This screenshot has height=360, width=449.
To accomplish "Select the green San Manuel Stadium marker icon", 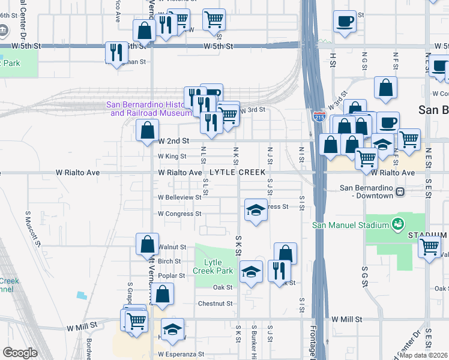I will tap(396, 225).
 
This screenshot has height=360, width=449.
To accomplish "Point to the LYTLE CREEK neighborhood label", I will tap(239, 173).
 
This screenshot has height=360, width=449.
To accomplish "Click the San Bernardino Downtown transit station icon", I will tap(399, 191).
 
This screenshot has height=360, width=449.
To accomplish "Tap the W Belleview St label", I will tap(179, 197).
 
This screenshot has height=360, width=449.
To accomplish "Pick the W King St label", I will tap(172, 156).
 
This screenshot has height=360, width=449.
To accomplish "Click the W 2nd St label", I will tap(174, 140).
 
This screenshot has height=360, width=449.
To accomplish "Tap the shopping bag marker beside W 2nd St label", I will tap(147, 130).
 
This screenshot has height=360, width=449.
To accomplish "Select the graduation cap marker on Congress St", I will tap(255, 211).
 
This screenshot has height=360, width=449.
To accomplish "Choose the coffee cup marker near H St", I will tap(345, 22).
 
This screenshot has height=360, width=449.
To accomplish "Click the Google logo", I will tap(20, 353).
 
